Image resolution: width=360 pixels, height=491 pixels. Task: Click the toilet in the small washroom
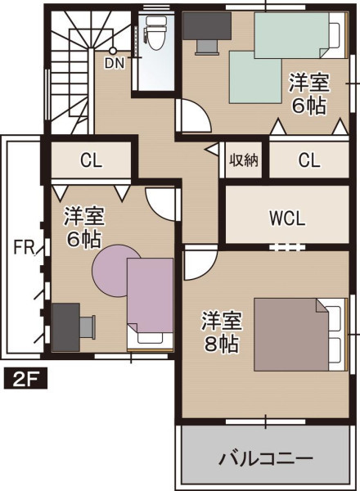(x=155, y=33)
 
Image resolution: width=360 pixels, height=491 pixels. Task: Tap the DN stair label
(x=115, y=63)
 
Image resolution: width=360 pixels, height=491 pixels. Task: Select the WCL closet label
(x=287, y=218)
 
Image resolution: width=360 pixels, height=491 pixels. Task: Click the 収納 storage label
(x=244, y=160)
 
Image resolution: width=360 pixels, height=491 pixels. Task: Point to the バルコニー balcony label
(x=266, y=459)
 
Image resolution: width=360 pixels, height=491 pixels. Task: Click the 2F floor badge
(x=25, y=379)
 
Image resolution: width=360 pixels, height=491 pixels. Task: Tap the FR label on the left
(x=24, y=247)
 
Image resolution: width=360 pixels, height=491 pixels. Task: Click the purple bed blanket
(x=151, y=295)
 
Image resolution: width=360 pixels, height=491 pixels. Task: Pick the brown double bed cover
(x=291, y=335)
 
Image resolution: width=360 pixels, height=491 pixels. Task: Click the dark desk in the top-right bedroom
(x=207, y=26)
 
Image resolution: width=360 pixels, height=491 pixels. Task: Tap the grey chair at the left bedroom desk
(x=88, y=327)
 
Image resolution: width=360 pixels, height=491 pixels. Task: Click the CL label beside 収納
(x=309, y=160)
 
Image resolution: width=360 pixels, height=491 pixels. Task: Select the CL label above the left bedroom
(x=91, y=160)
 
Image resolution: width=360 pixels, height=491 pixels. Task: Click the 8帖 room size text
(x=222, y=344)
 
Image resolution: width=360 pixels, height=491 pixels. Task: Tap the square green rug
(x=255, y=78)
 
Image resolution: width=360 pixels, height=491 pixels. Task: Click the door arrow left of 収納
(x=212, y=149)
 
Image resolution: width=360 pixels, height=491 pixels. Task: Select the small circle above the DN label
(x=113, y=51)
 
